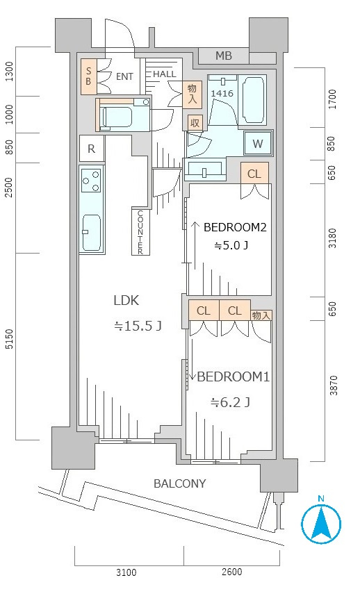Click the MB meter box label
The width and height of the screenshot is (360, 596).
tap(223, 56)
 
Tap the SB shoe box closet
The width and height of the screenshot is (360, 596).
tap(89, 76)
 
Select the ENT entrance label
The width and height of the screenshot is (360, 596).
tap(124, 76)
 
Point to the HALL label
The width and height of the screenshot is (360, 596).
tap(165, 74)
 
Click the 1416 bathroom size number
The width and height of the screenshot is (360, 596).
tap(222, 93)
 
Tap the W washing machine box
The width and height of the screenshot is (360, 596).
tap(257, 144)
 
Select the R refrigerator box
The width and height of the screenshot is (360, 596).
tap(91, 147)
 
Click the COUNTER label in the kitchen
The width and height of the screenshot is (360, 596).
tap(140, 232)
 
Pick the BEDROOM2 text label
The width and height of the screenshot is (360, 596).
tap(235, 226)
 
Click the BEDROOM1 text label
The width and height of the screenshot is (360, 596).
tap(233, 376)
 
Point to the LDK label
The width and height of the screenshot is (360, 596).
tap(126, 301)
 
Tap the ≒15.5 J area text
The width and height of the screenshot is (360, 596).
tap(138, 325)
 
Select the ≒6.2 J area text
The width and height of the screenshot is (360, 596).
tap(231, 402)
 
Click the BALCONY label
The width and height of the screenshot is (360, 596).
tap(180, 483)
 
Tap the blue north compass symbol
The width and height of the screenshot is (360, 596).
tap(321, 522)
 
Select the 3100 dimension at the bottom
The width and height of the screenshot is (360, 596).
tap(126, 572)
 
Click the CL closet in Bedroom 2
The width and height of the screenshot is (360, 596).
tap(254, 174)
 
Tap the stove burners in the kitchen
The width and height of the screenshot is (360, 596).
tap(90, 181)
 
